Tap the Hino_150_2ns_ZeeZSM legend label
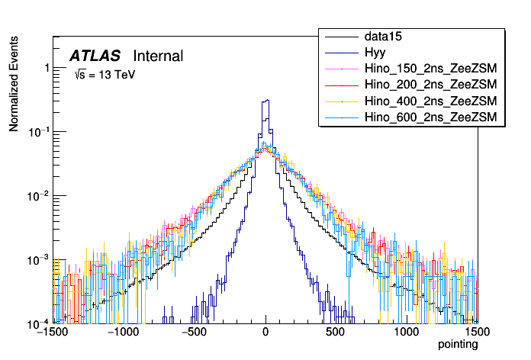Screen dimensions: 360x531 pos(431,69)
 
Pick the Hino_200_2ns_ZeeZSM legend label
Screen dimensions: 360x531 pos(431,85)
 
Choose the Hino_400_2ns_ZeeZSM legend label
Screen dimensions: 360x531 pos(431,101)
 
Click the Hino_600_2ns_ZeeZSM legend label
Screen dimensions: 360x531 pos(431,117)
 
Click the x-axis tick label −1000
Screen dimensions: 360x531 pos(124,333)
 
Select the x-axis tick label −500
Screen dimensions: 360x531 pos(195,333)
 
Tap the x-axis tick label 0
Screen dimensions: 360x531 pos(265,333)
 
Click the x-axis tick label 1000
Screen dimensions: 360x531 pos(407,333)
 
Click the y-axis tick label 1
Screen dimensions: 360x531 pos(47,68)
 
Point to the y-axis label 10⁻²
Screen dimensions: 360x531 pos(40,196)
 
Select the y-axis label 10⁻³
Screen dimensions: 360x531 pos(40,260)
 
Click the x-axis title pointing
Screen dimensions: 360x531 pos(457,345)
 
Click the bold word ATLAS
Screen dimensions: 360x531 pos(95,56)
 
